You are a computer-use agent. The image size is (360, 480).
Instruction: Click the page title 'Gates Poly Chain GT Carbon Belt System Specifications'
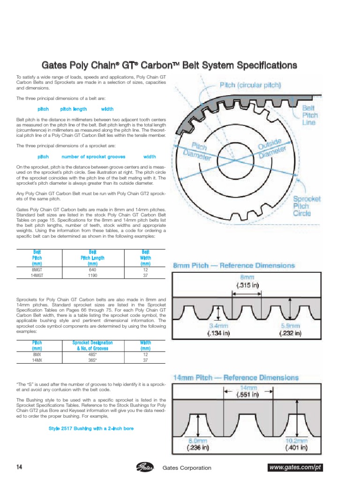coord(169,65)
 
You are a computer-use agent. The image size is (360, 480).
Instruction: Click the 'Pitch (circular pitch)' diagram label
coord(250,85)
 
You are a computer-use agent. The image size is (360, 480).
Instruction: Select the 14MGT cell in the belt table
coord(37,276)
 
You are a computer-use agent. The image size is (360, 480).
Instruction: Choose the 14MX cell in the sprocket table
coord(37,360)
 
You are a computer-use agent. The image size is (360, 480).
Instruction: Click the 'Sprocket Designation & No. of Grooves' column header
coord(92,345)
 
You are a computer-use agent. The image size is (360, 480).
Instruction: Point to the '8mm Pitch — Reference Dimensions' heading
coord(234,265)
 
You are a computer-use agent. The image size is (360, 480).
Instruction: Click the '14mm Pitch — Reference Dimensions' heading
coord(236,377)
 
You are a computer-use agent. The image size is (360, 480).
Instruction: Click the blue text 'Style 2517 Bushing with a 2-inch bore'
coord(91,428)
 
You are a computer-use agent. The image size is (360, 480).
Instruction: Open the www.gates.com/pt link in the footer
coord(296,468)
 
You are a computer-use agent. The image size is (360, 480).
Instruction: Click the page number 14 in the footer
coord(19,467)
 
